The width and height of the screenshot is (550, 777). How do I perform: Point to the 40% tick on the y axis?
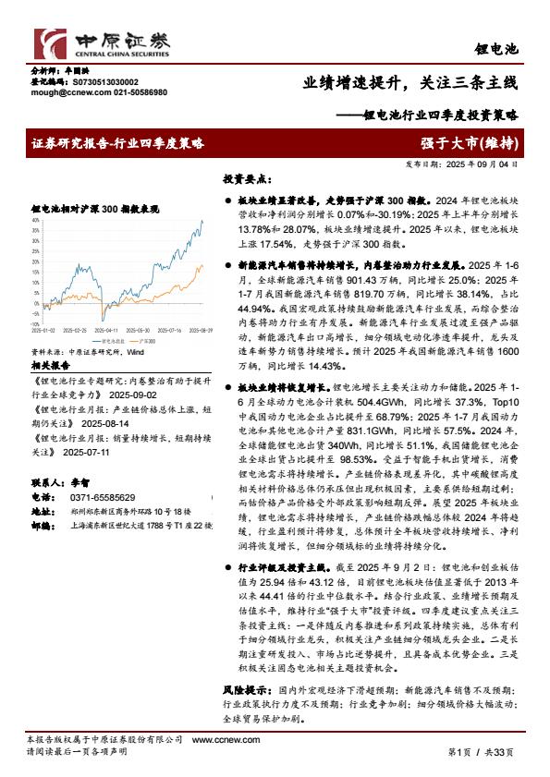(36, 221)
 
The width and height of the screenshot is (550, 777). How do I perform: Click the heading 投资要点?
(242, 178)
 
